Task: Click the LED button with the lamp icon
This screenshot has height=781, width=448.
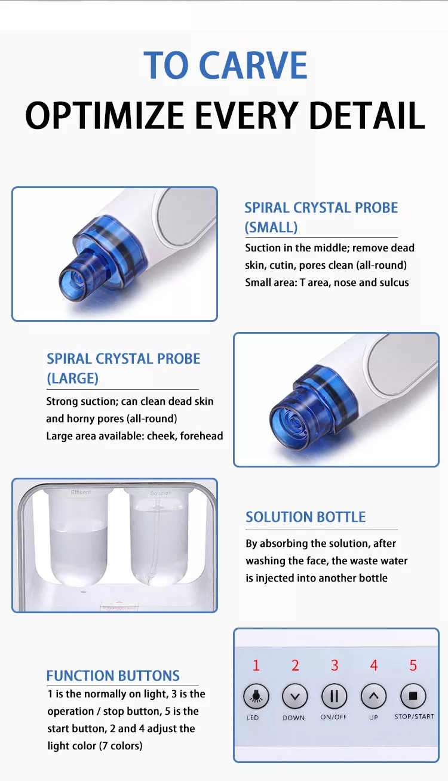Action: tap(256, 696)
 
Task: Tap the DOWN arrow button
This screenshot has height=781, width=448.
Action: tap(294, 696)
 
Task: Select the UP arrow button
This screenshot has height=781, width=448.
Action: tap(374, 696)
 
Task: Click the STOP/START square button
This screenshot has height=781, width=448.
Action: tap(413, 696)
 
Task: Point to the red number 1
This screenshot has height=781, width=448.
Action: tap(256, 665)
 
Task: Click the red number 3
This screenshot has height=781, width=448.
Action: tap(335, 665)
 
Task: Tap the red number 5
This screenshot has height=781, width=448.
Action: tap(413, 665)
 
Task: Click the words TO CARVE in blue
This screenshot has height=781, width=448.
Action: tap(225, 66)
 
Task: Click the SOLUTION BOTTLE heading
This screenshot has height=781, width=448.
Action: tap(305, 517)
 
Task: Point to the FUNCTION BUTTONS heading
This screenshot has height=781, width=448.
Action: tap(113, 676)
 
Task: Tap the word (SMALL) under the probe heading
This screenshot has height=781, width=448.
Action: tap(271, 227)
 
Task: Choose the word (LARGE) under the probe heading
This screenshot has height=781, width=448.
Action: tap(72, 379)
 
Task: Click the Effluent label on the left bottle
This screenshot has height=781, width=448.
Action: tap(81, 492)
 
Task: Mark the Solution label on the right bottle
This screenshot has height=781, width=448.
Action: tap(161, 493)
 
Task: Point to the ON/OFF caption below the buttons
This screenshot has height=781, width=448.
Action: tap(334, 717)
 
